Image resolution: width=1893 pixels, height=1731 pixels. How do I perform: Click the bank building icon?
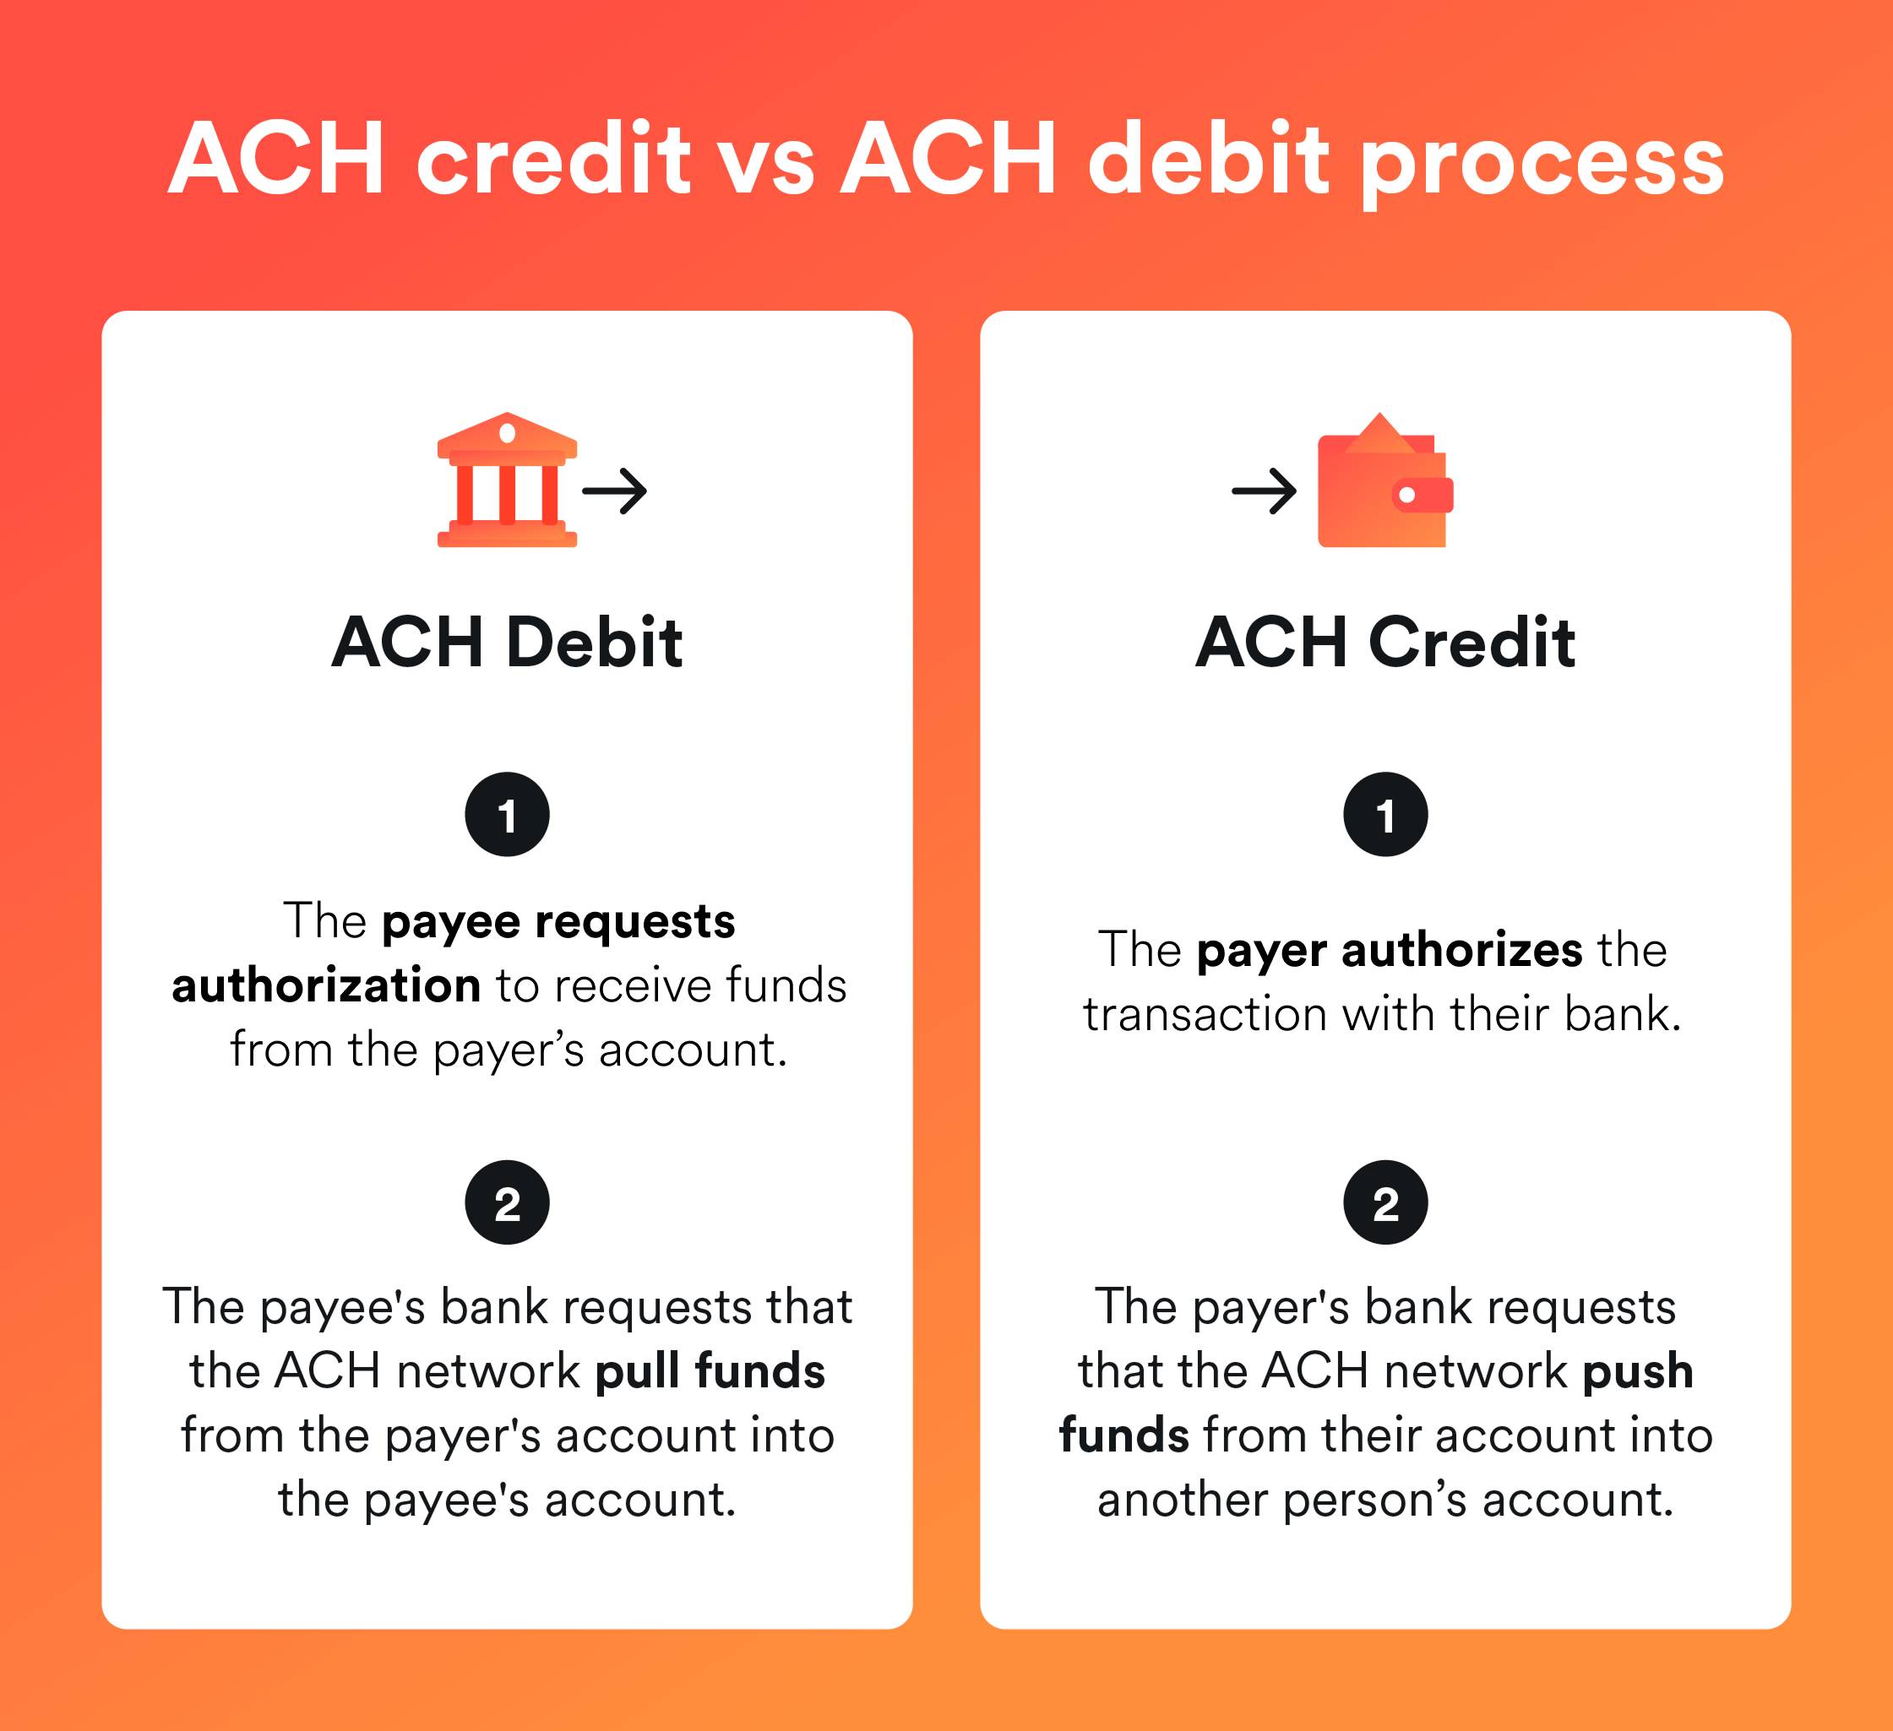pos(507,480)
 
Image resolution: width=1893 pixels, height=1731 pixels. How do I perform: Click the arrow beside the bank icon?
pos(615,491)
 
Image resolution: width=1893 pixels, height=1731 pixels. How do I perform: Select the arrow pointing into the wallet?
pos(1264,491)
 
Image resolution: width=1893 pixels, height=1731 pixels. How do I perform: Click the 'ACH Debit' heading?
pos(507,643)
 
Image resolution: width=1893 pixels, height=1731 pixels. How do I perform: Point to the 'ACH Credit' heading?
pos(1385,643)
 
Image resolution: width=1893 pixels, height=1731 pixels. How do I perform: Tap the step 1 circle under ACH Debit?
pos(507,814)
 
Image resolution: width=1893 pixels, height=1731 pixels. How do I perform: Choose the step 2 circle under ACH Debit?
pos(507,1202)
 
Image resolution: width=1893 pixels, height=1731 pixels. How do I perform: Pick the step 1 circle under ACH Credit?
pos(1385,814)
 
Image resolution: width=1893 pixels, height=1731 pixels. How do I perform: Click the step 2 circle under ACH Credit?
pos(1385,1202)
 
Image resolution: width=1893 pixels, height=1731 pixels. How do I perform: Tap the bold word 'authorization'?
pos(326,985)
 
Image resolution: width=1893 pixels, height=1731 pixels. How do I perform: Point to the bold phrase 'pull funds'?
pos(710,1371)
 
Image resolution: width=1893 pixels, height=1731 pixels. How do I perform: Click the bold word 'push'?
pos(1638,1371)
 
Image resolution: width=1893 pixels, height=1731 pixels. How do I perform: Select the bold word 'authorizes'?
pos(1462,950)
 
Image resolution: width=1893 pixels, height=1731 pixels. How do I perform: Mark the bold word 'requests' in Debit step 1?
pos(634,922)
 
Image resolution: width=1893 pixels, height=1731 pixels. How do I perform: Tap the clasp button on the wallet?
pos(1406,495)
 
